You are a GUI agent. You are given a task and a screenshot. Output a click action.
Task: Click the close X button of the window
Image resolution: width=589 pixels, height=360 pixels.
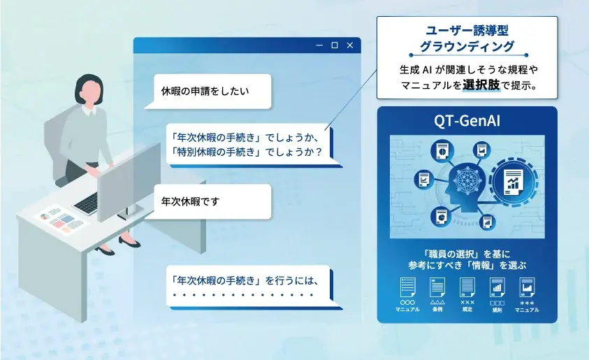point(349,45)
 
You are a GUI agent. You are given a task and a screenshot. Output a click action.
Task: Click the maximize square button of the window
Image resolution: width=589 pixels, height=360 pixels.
point(334,45)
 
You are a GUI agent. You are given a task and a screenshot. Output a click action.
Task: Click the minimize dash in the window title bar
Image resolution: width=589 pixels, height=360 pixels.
point(319,45)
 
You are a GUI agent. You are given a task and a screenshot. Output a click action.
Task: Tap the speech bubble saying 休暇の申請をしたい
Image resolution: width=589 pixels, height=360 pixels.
point(205,91)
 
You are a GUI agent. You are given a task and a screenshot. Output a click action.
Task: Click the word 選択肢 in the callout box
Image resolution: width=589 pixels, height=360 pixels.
point(481,87)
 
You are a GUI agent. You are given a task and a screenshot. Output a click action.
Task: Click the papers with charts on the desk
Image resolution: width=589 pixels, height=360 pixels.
point(59,219)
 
